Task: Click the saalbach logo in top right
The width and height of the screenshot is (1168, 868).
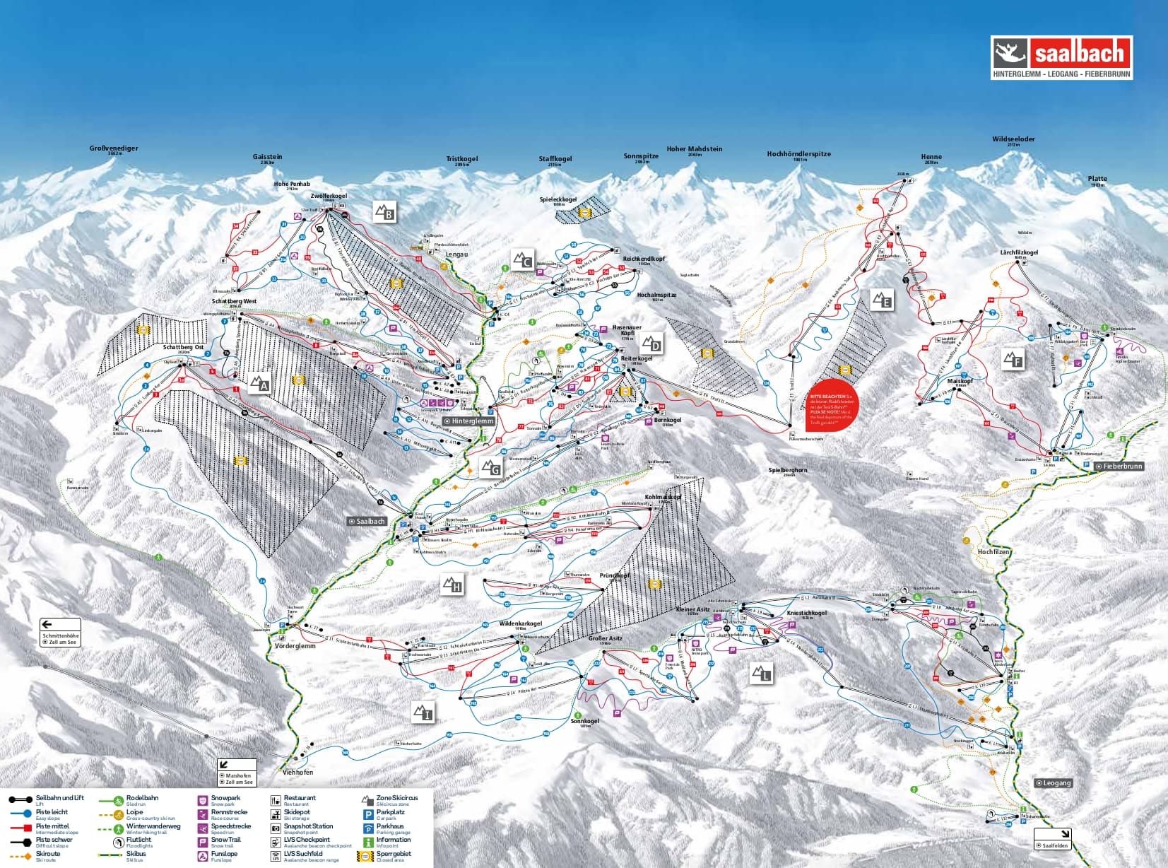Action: point(1061,58)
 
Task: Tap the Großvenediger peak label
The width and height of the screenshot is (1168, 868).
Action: point(114,149)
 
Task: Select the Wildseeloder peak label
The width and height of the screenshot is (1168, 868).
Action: point(1013,140)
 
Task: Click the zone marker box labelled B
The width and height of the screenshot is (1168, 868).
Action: point(384,211)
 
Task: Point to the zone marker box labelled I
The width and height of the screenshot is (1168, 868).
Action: point(423,712)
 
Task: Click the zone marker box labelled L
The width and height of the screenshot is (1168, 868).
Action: point(761,674)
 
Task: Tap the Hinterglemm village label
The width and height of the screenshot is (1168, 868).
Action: point(468,421)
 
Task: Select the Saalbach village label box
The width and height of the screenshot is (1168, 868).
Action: point(367,522)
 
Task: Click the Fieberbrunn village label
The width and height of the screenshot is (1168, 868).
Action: point(1119,467)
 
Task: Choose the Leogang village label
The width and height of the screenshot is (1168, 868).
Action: point(1054,782)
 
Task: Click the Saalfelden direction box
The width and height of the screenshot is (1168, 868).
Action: point(1052,839)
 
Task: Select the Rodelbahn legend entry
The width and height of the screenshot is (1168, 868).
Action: point(141,799)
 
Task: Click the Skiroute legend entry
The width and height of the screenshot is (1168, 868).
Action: point(47,855)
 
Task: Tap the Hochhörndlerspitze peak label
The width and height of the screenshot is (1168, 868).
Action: point(798,154)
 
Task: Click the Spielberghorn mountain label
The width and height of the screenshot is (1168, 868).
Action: point(788,471)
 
